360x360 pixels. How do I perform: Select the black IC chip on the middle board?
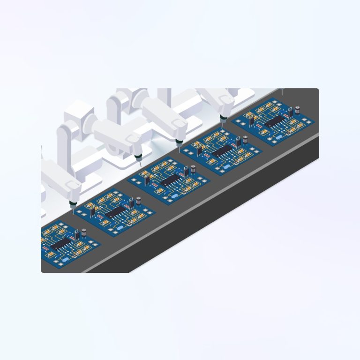[169, 180]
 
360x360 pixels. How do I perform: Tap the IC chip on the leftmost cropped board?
[60, 243]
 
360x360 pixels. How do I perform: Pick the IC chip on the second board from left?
[114, 213]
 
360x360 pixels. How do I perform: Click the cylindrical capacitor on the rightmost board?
[297, 111]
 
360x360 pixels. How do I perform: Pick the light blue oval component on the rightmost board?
[280, 137]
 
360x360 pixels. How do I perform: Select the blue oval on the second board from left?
[120, 227]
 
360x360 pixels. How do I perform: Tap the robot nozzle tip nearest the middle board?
[139, 165]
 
